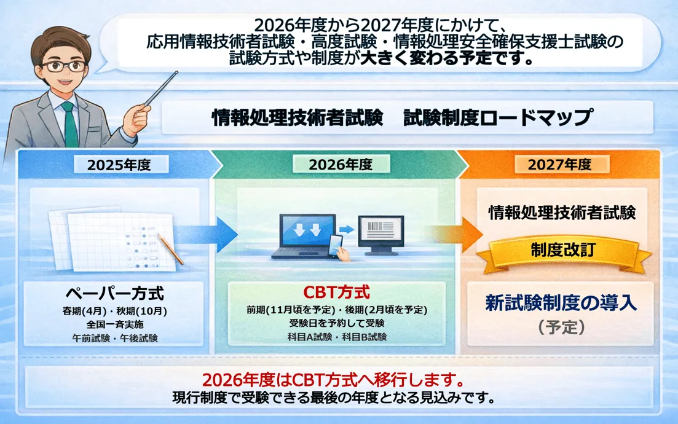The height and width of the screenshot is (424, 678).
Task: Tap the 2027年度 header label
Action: tap(559, 164)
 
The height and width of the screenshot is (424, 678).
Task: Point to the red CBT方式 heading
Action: tap(336, 291)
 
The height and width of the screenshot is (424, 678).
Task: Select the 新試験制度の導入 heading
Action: tap(561, 304)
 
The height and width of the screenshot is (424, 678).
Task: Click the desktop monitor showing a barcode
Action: tap(380, 234)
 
